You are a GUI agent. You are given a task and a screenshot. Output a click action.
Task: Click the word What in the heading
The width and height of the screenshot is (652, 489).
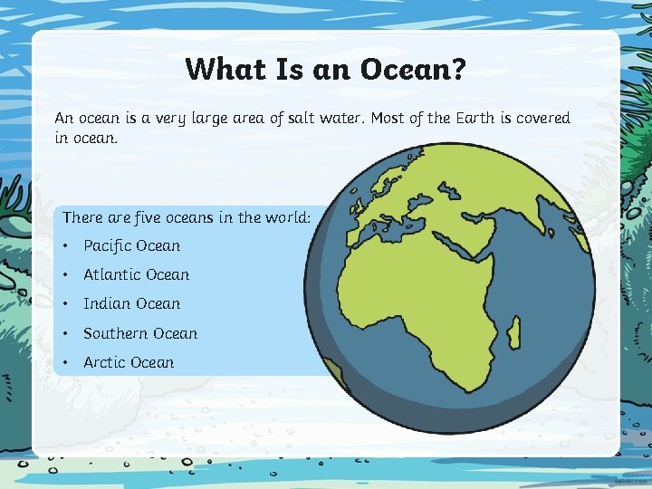tap(217, 69)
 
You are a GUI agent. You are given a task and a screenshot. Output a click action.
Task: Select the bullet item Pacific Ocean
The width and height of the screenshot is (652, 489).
tap(131, 245)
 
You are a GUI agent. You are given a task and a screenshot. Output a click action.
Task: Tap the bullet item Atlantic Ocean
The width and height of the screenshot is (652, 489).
tap(136, 274)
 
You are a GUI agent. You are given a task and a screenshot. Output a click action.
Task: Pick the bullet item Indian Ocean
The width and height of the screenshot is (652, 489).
tap(131, 303)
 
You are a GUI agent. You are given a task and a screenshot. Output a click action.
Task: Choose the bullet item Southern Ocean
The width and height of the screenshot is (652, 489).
tap(140, 333)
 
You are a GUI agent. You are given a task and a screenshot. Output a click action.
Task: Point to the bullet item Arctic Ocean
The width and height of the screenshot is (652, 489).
tap(129, 362)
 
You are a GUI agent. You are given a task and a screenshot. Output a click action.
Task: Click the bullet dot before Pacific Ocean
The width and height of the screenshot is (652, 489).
tap(67, 246)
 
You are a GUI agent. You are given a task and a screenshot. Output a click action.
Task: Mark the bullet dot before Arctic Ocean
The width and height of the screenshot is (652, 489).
tap(67, 363)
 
